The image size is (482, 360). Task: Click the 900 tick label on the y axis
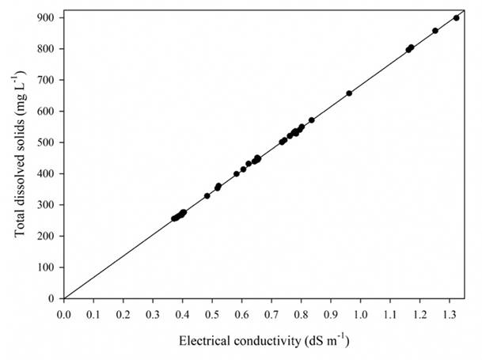point(49,17)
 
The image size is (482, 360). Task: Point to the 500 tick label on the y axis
point(49,142)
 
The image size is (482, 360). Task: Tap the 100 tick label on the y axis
point(49,267)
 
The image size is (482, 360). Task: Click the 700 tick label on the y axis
point(49,80)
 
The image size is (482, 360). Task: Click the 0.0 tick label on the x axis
point(64,313)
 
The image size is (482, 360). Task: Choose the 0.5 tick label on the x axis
point(213,313)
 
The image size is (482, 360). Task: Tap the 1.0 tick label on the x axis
point(361,313)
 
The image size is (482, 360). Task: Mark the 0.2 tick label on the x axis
point(123,313)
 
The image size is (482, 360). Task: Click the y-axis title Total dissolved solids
point(18,158)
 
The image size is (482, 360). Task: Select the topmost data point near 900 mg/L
point(457,17)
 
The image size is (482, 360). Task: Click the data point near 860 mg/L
point(435,31)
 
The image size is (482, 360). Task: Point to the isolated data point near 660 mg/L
point(349,93)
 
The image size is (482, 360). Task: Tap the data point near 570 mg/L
point(312,120)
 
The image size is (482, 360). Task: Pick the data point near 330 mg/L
point(207,195)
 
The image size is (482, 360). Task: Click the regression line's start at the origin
point(64,298)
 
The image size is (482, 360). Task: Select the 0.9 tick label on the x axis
point(332,313)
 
